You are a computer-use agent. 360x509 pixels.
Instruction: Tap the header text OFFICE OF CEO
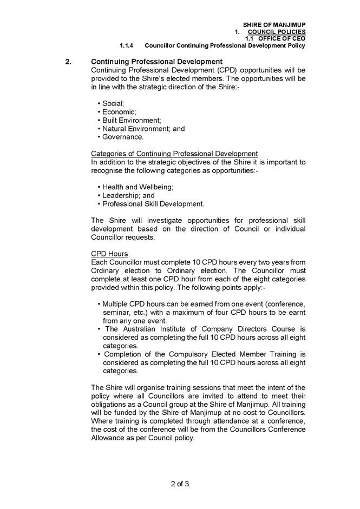tap(282, 38)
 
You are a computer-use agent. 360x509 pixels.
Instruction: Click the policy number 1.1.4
tap(128, 45)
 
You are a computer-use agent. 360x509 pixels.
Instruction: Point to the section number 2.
tap(68, 62)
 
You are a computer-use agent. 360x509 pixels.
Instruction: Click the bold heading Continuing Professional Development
tap(157, 62)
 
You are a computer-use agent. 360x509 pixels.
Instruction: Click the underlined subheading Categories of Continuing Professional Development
tap(174, 154)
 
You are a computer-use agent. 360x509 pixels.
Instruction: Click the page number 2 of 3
tap(180, 483)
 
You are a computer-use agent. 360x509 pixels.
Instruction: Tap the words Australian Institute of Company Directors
tap(192, 329)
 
